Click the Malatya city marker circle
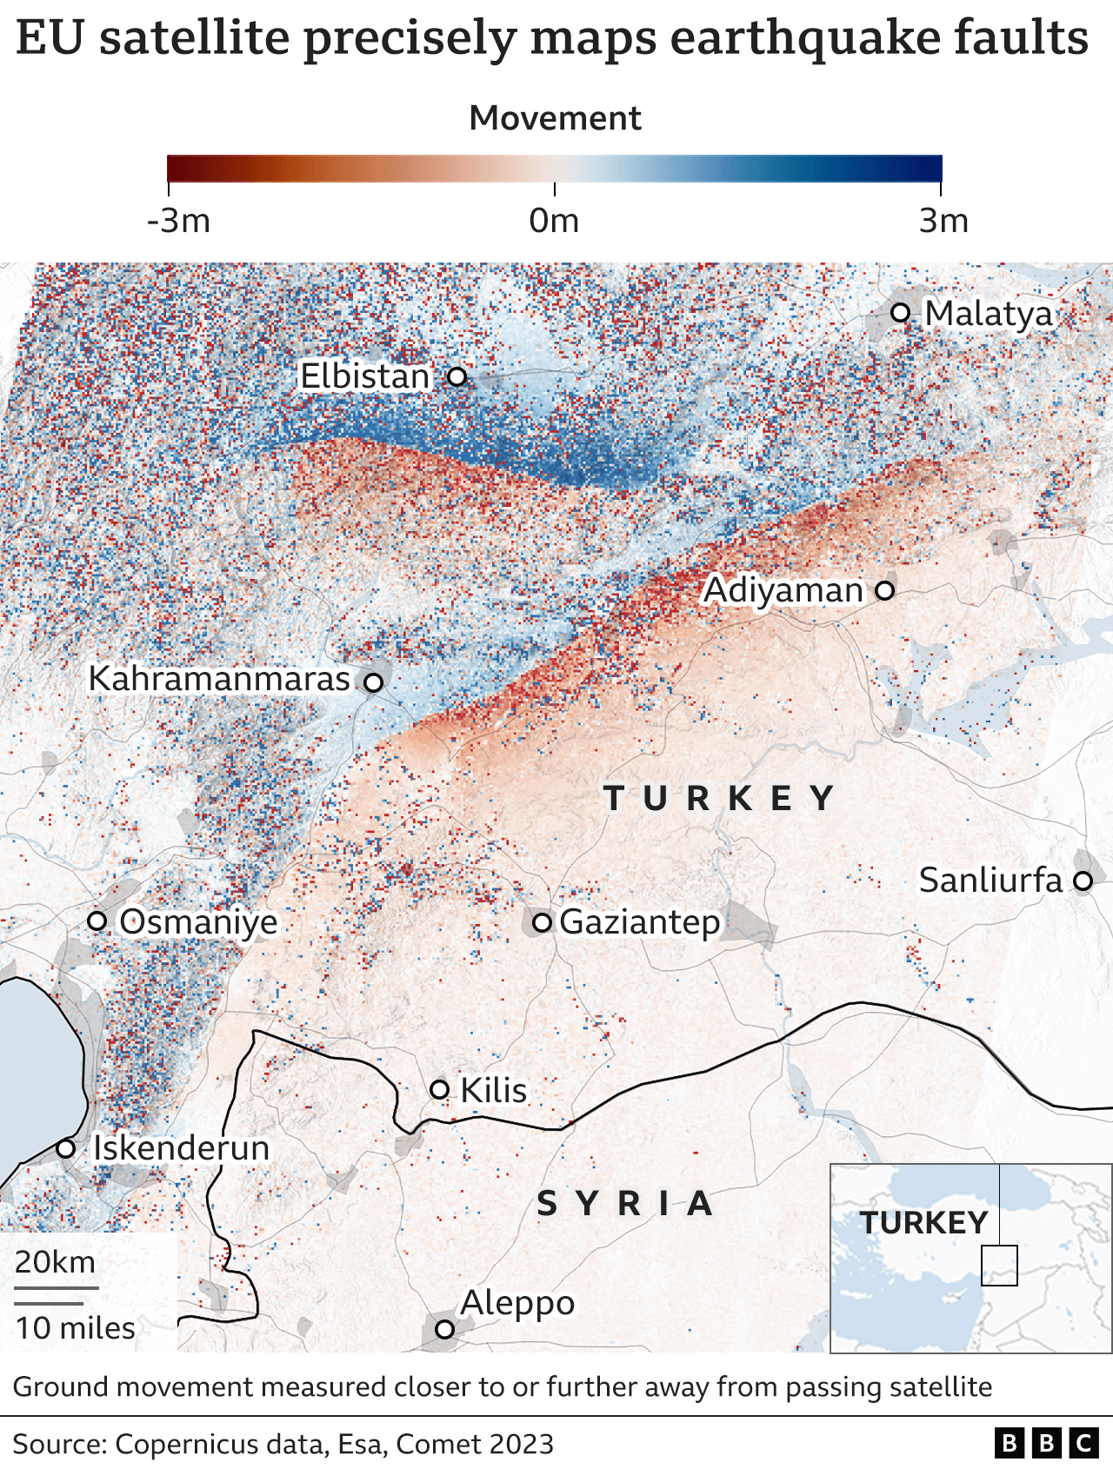tap(901, 312)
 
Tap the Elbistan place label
tap(364, 376)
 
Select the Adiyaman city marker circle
tap(884, 590)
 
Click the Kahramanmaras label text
tap(219, 679)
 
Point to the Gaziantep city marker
tap(542, 922)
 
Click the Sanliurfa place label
tap(990, 881)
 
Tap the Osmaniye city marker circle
tap(97, 921)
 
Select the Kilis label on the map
tap(493, 1090)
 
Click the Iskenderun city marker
tap(65, 1148)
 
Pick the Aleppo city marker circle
tap(444, 1329)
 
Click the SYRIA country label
tap(625, 1204)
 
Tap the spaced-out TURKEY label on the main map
tap(719, 798)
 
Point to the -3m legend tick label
tap(179, 221)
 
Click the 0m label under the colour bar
tap(554, 221)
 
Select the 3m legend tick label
tap(943, 221)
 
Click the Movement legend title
tap(555, 118)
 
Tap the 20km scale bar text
tap(55, 1261)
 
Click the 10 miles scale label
tap(75, 1328)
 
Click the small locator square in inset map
tap(999, 1266)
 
